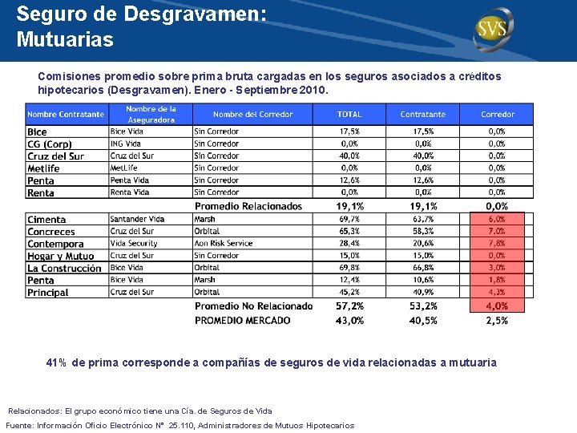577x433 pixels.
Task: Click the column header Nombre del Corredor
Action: pos(252,115)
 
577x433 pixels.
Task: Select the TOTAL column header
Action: pos(349,115)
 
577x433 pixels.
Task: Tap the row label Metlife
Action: pos(43,168)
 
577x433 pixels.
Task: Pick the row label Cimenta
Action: pos(46,219)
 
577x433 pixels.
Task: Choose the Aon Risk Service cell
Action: pos(224,244)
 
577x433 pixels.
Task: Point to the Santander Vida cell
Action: pos(137,219)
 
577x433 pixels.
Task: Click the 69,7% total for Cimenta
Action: pos(349,219)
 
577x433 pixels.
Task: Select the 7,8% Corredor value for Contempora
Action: pos(497,244)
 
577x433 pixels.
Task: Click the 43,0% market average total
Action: pos(349,320)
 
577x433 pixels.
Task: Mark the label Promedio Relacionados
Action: pos(248,206)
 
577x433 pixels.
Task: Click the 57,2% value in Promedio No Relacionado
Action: pos(349,306)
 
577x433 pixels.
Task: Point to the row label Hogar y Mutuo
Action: pos(60,257)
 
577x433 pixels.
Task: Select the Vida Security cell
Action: pos(134,244)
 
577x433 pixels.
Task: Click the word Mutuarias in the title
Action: pos(65,38)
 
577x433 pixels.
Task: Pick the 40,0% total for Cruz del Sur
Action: pos(349,156)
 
